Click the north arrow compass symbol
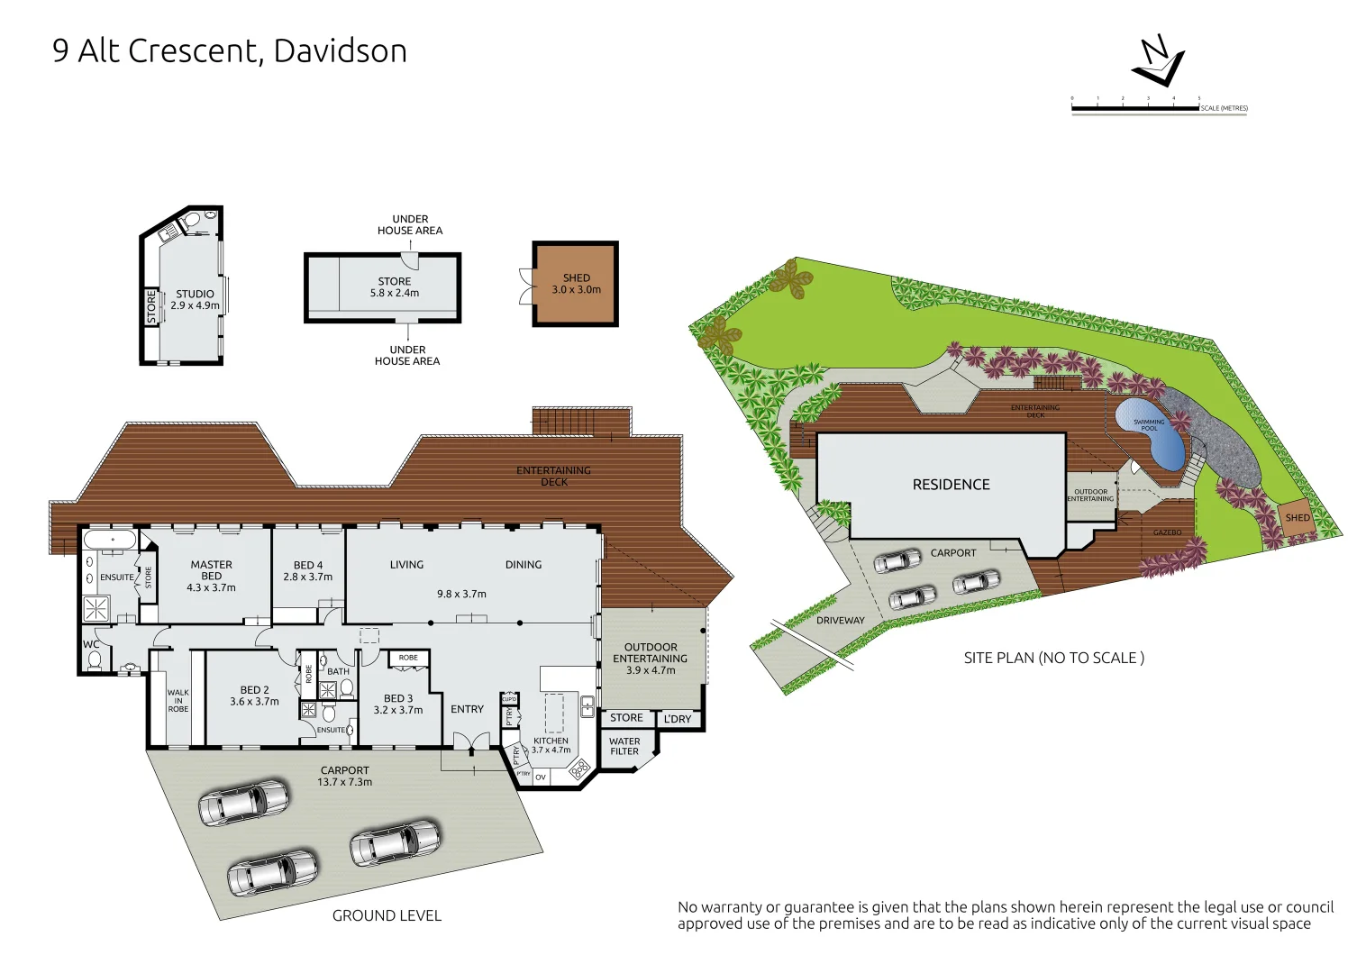click(x=1159, y=61)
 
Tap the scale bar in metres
click(x=1135, y=108)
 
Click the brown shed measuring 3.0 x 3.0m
click(x=576, y=284)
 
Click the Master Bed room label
click(x=212, y=576)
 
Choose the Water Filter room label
click(x=624, y=747)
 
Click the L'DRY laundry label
click(x=678, y=719)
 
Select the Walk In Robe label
click(x=178, y=701)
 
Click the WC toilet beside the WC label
click(x=95, y=660)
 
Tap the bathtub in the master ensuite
click(x=112, y=541)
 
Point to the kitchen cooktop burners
click(x=578, y=768)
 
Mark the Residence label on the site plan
click(x=951, y=485)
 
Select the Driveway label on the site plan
click(x=840, y=620)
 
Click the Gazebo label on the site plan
click(x=1167, y=532)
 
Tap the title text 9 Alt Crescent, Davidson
click(x=230, y=51)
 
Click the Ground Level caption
click(x=387, y=915)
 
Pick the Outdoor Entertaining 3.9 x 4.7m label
click(x=651, y=659)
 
